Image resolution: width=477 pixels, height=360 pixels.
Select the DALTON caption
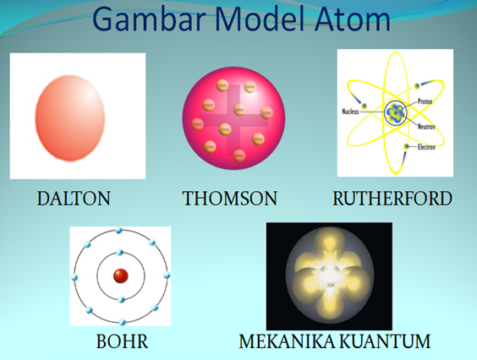[74, 199]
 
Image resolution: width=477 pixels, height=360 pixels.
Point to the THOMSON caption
[230, 199]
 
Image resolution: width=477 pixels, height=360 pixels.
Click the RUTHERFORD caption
[392, 199]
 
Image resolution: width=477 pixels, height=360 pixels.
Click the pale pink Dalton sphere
[71, 116]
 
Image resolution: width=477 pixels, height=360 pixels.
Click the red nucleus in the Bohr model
[120, 275]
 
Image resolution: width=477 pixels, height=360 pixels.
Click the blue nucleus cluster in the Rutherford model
[394, 112]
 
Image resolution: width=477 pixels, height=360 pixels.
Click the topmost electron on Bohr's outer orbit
[120, 231]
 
